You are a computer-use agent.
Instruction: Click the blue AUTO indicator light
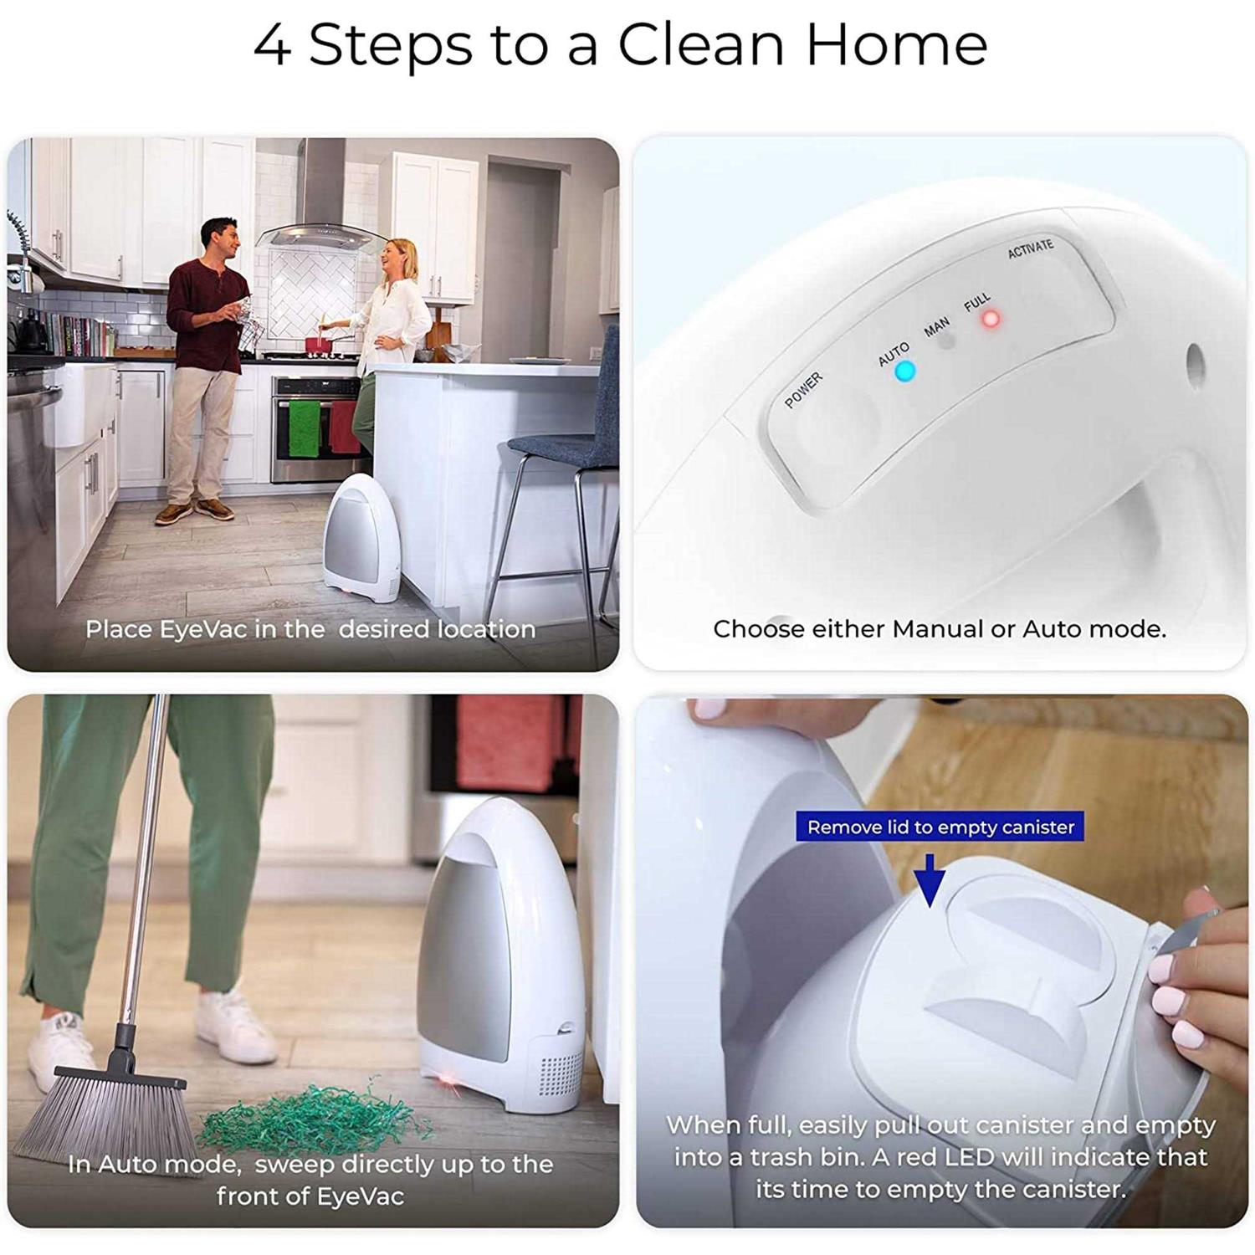[904, 371]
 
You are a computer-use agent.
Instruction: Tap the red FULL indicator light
[991, 319]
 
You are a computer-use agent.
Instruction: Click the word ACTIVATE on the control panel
[1030, 248]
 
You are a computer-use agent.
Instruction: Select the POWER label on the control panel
[803, 391]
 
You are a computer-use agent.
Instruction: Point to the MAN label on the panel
[936, 326]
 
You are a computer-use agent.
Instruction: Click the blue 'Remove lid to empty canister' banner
[940, 827]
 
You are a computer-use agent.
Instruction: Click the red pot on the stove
[317, 344]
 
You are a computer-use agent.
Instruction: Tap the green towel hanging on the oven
[304, 428]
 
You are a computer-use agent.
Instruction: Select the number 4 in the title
[272, 46]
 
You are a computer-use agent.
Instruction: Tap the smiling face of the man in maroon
[219, 239]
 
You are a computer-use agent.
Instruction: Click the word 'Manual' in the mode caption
[937, 628]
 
